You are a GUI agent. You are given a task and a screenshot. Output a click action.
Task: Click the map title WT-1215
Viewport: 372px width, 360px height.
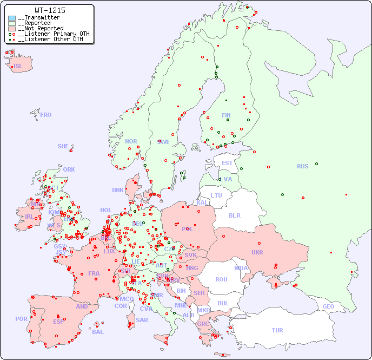(50, 10)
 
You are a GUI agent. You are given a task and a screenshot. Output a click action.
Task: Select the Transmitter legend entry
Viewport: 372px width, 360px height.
(39, 18)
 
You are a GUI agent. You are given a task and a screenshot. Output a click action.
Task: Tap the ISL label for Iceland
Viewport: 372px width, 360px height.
(18, 67)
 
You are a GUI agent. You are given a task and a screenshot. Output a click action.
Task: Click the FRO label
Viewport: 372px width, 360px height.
(46, 115)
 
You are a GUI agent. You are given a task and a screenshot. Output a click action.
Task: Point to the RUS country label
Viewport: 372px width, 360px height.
(302, 166)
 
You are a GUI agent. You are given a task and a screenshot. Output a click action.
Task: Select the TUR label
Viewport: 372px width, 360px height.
(277, 330)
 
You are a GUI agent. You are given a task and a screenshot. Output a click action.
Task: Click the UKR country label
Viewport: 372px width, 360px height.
(257, 252)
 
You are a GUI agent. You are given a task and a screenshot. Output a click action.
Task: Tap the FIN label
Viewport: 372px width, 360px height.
(226, 115)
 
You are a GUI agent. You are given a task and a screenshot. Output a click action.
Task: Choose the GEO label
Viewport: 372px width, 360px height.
(328, 306)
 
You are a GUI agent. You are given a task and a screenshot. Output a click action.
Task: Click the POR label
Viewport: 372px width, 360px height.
(21, 319)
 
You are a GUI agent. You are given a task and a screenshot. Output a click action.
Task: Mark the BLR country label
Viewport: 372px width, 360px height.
(235, 215)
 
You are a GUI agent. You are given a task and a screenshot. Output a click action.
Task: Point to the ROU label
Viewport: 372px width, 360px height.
(221, 279)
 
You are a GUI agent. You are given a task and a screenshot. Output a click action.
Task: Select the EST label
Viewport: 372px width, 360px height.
(227, 163)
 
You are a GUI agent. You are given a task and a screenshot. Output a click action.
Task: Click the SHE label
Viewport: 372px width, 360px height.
(63, 146)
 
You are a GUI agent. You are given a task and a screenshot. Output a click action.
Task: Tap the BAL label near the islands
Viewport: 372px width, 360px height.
(97, 332)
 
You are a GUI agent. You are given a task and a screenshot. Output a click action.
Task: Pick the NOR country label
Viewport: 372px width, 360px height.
(131, 141)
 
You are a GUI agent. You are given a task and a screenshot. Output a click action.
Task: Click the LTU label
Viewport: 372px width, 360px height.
(216, 195)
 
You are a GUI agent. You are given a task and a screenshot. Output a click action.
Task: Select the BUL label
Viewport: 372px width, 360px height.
(223, 303)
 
